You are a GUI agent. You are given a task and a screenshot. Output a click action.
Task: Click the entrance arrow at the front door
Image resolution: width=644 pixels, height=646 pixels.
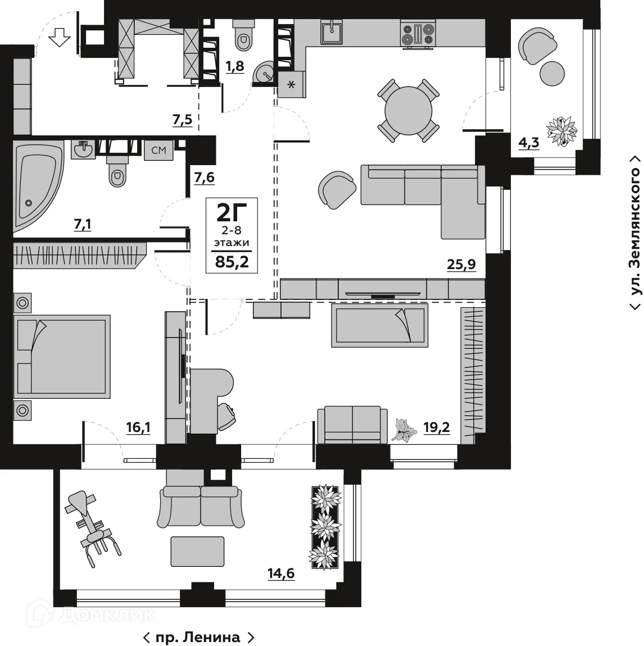(59, 39)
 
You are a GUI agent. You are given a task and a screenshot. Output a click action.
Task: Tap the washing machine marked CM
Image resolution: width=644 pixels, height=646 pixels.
(158, 151)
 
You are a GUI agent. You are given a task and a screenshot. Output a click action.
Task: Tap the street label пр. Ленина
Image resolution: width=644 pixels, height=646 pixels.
(198, 637)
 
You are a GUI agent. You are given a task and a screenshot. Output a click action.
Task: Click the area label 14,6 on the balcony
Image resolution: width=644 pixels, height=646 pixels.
(281, 574)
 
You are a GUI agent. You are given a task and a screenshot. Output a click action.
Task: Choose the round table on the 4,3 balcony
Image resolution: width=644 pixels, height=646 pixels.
(552, 73)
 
